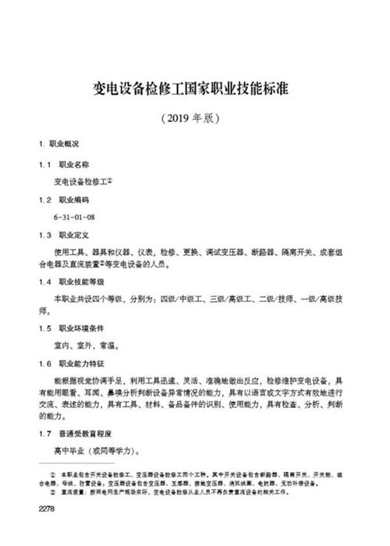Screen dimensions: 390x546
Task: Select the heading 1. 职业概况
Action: tap(59, 146)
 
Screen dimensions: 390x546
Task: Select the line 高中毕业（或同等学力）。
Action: tap(97, 451)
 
